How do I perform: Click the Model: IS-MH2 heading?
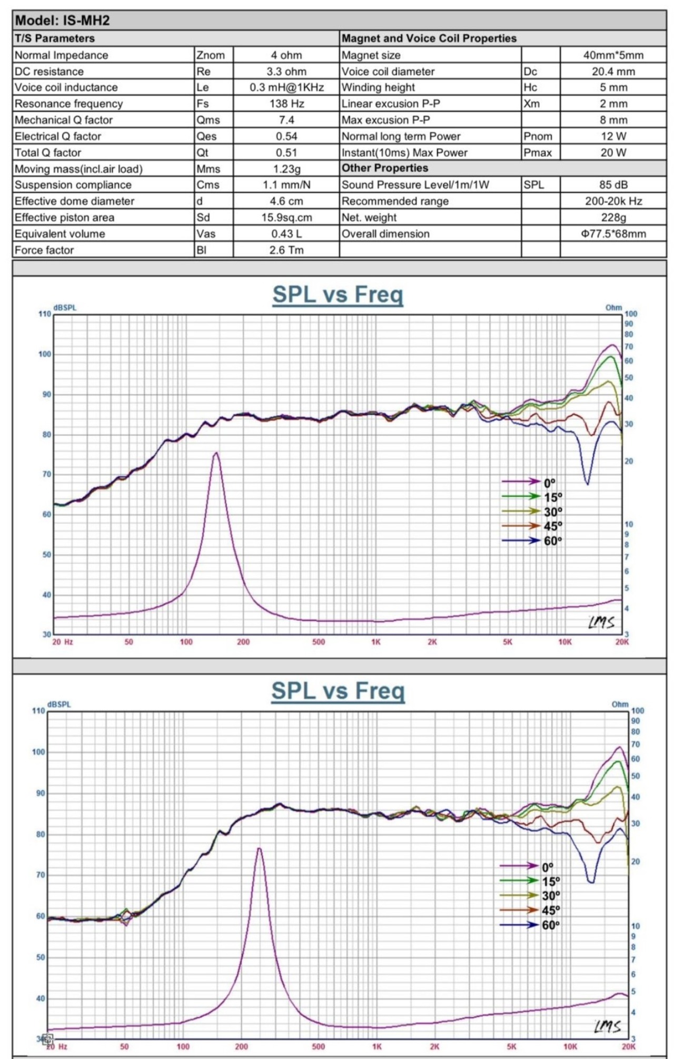coord(62,21)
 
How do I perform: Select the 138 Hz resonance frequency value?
coord(286,104)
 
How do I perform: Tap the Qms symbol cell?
coord(208,120)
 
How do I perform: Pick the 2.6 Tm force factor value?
coord(286,250)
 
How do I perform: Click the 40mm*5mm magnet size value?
coord(613,55)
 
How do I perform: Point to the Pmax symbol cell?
coord(538,153)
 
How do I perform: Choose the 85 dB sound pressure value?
coord(613,185)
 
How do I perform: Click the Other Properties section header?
coord(385,168)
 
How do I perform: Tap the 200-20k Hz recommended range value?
coord(613,201)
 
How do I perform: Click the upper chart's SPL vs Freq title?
coord(338,294)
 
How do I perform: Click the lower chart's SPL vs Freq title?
coord(338,691)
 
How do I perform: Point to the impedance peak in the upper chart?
coord(216,453)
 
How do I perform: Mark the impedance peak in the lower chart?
coord(259,848)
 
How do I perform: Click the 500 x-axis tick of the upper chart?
coord(319,642)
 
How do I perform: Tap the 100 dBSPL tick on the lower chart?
coord(38,752)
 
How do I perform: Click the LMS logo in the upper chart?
coord(601,622)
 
